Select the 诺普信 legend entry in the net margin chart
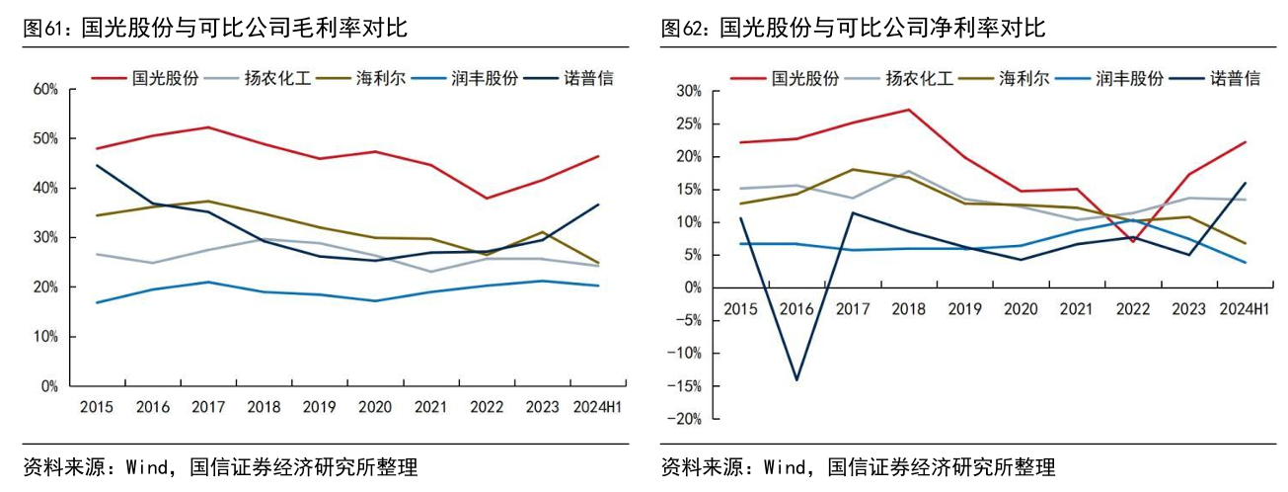pos(1235,77)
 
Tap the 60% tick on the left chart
pos(46,89)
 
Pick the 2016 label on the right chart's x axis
pos(796,309)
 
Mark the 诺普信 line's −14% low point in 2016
pos(796,379)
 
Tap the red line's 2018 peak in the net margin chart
pos(908,110)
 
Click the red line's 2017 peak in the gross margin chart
pos(208,127)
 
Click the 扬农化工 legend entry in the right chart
pos(919,77)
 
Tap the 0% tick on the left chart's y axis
pos(49,386)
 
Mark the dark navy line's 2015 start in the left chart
pos(97,165)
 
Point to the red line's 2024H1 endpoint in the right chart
pos(1245,142)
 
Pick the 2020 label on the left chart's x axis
pos(375,406)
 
